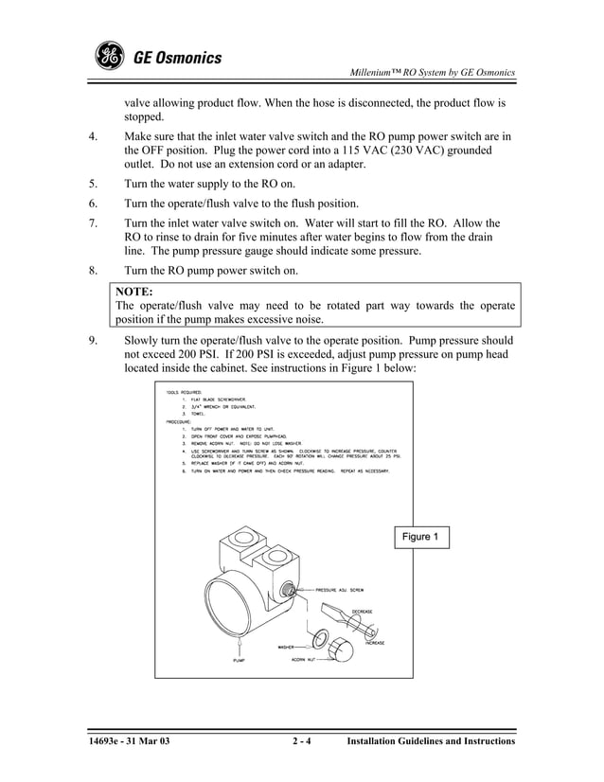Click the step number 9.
[x=92, y=339]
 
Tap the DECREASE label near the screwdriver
[x=362, y=612]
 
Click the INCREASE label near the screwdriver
[x=375, y=643]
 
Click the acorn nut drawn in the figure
[x=340, y=649]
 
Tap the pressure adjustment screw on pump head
[x=286, y=590]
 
